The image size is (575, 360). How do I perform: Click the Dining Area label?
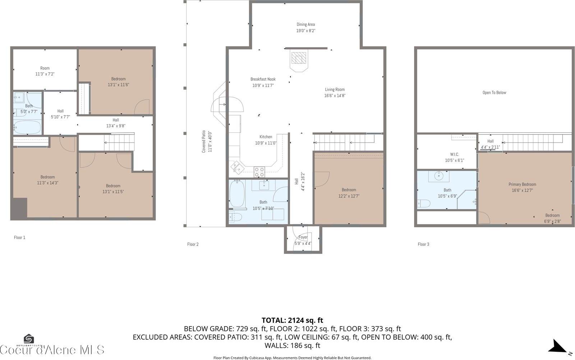pyautogui.click(x=306, y=25)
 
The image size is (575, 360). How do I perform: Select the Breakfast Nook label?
pyautogui.click(x=263, y=79)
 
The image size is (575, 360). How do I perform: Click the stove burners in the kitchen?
pyautogui.click(x=259, y=172)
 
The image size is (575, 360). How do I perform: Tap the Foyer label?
pyautogui.click(x=303, y=237)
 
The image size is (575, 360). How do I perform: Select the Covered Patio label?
pyautogui.click(x=204, y=141)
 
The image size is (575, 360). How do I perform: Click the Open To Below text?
pyautogui.click(x=494, y=93)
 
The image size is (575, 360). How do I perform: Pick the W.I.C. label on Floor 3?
pyautogui.click(x=454, y=155)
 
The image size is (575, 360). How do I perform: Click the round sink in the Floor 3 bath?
pyautogui.click(x=439, y=176)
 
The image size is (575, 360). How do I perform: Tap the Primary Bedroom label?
pyautogui.click(x=522, y=184)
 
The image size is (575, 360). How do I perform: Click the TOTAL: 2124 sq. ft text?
pyautogui.click(x=292, y=320)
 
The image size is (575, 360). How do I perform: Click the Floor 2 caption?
pyautogui.click(x=193, y=245)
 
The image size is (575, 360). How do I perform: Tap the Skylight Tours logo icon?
pyautogui.click(x=29, y=339)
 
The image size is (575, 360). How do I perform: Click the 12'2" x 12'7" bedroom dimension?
pyautogui.click(x=349, y=196)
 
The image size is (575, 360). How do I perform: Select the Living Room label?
pyautogui.click(x=335, y=90)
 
